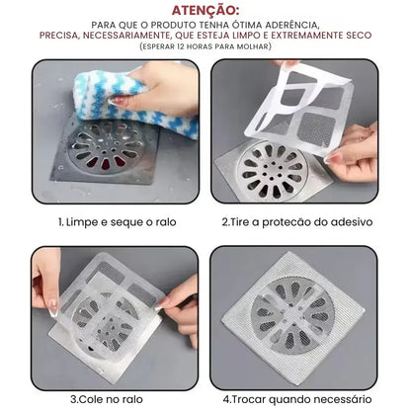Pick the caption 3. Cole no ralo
pos(112,399)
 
